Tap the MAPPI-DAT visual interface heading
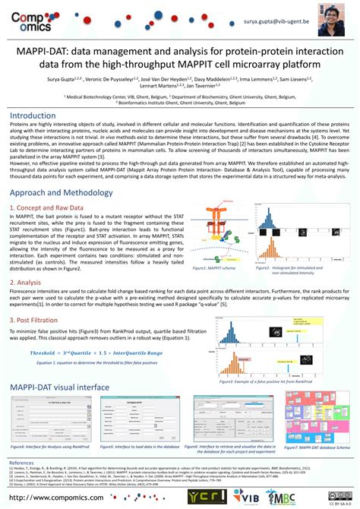tap(60, 387)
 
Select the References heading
tap(21, 463)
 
